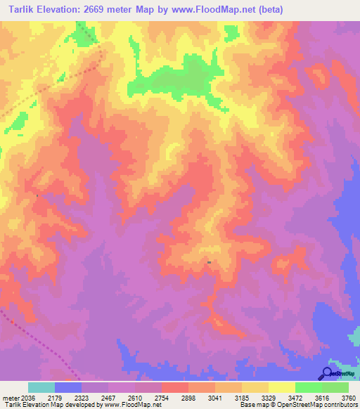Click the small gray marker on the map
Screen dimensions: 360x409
tap(209, 262)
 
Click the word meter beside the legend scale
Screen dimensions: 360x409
tap(11, 397)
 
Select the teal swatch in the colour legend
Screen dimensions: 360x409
tap(41, 387)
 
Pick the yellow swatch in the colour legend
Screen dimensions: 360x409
tap(281, 387)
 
